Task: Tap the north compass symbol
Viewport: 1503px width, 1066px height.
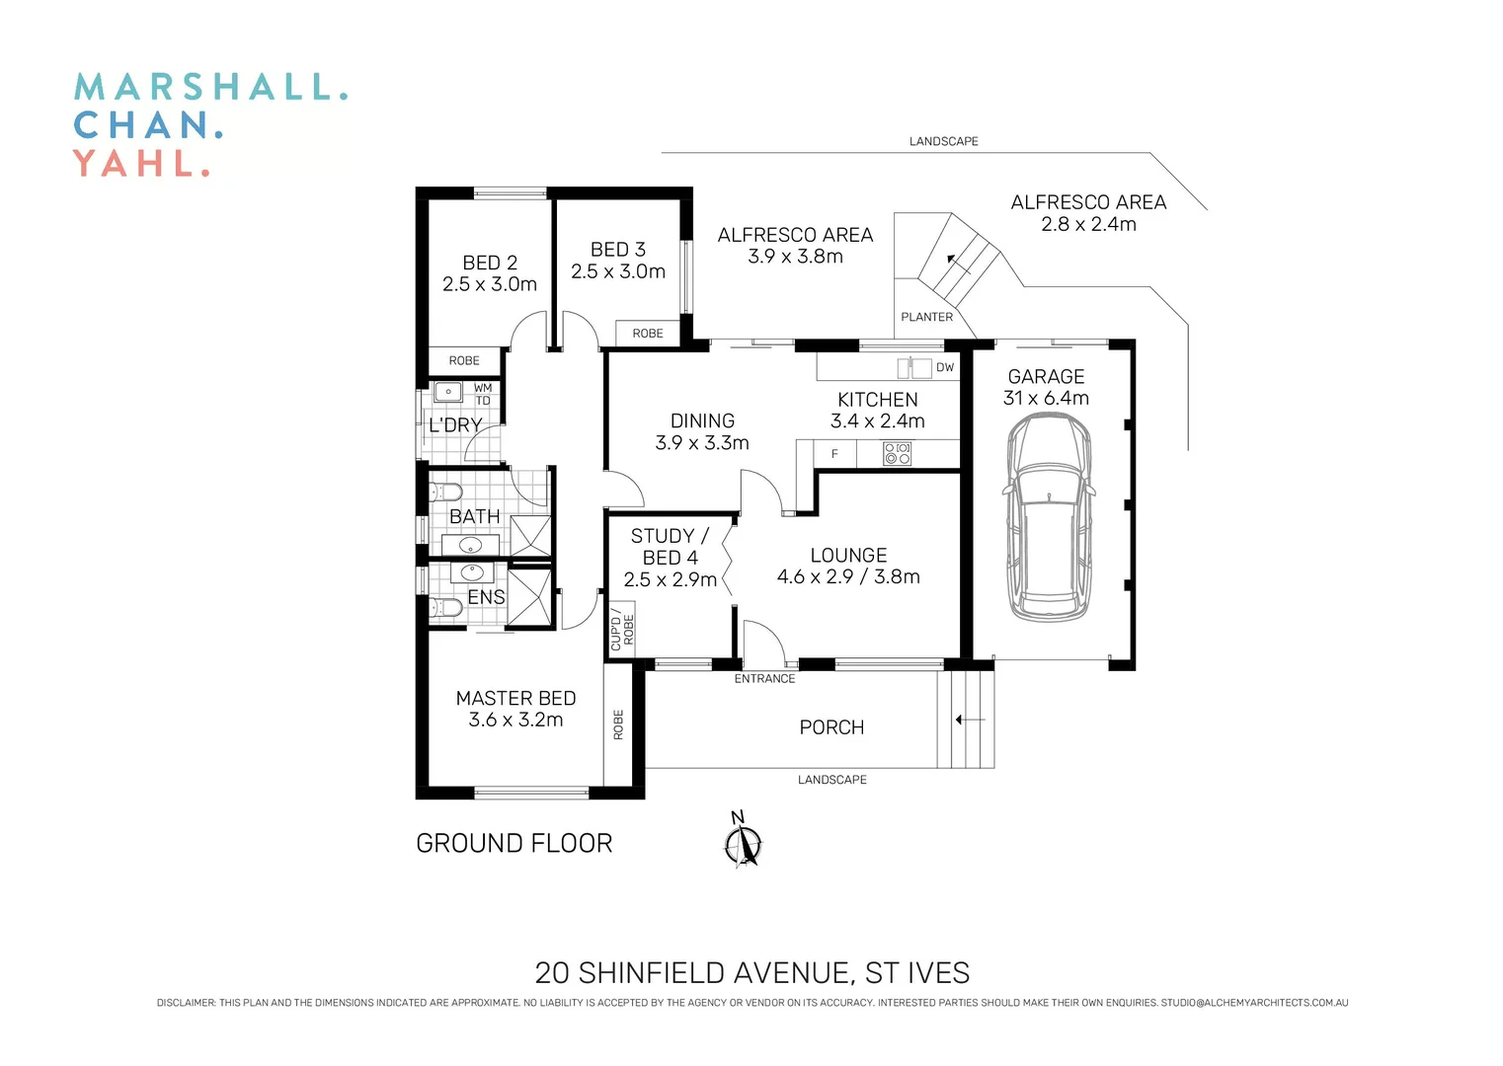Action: point(743,844)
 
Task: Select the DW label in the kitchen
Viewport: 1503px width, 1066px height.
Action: point(945,367)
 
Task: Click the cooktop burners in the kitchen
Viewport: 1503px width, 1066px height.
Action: point(897,454)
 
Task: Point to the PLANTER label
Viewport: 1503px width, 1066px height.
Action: point(926,317)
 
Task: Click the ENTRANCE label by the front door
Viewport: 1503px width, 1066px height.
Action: point(764,678)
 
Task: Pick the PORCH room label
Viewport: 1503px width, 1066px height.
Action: point(831,727)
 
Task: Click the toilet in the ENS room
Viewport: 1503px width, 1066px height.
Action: point(445,608)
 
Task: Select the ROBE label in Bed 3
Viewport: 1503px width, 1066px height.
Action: point(648,334)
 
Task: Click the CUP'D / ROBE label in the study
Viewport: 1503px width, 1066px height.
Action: point(621,630)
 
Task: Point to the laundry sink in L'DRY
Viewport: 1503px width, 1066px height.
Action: point(448,392)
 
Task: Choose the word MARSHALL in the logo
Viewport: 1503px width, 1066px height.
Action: point(210,87)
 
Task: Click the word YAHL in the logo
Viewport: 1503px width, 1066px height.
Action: point(141,163)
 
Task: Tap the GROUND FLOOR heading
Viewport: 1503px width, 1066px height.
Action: point(514,843)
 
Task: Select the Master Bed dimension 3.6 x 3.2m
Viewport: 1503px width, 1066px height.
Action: point(515,720)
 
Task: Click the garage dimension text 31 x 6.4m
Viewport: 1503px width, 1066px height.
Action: point(1046,398)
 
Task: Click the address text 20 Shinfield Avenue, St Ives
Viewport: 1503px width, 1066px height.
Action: point(751,973)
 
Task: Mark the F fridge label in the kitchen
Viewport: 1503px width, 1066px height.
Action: point(834,454)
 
